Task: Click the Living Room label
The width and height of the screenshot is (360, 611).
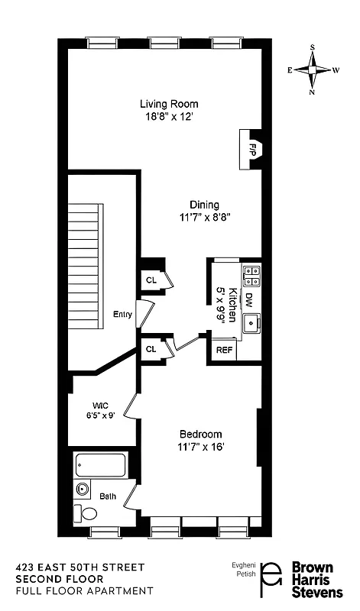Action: pos(169,104)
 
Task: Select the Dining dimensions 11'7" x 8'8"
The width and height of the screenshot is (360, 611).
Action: pos(199,216)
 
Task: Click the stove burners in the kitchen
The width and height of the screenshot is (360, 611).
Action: pos(251,276)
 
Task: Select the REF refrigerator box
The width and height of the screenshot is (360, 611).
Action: pos(224,350)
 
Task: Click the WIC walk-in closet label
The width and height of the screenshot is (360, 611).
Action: pos(100,405)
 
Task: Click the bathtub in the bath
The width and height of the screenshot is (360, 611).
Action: pos(101,465)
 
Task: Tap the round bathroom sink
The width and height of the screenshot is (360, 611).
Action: pos(83,489)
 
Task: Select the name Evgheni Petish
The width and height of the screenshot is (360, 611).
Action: pos(242,572)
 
